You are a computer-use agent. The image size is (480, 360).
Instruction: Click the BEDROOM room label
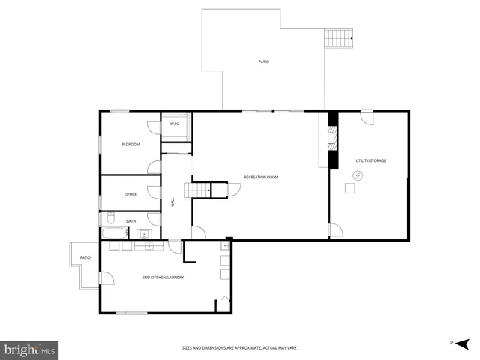point(130,144)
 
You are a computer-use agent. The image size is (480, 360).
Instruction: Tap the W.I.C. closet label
point(174,124)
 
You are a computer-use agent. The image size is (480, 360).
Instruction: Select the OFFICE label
point(130,195)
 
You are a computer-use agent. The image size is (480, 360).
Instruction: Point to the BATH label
point(130,221)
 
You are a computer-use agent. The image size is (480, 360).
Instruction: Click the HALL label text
point(172,202)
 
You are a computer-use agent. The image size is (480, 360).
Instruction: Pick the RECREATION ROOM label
point(261,177)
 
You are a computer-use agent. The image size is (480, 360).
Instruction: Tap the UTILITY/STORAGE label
point(370,160)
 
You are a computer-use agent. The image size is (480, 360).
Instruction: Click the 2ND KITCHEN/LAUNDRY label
point(163,277)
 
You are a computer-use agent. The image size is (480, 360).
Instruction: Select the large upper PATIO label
point(263,61)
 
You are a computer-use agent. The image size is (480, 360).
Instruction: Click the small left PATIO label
point(85,258)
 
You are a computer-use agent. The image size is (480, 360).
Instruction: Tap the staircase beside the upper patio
point(338,37)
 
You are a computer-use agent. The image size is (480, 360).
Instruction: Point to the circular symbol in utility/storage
point(358,175)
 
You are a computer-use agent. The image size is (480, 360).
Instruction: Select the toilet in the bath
point(110,218)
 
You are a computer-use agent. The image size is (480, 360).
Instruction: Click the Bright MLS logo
point(29,349)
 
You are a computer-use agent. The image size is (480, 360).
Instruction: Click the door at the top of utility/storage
point(367,118)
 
